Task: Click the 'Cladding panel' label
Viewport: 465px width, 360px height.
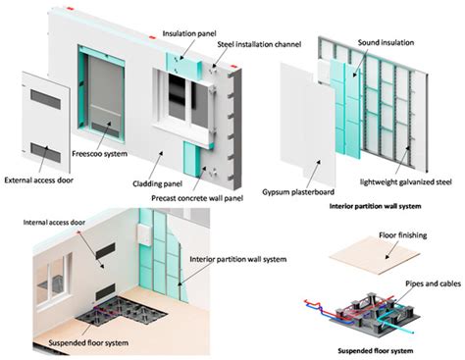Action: pyautogui.click(x=159, y=182)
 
